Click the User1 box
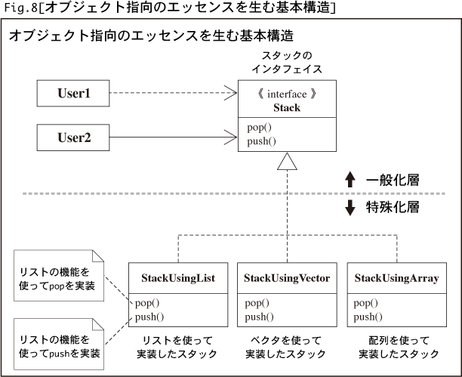(73, 93)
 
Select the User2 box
(73, 138)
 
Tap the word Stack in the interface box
(287, 108)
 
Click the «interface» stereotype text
(287, 94)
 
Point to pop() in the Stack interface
(259, 128)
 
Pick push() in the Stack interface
(261, 141)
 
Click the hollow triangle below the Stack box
(287, 162)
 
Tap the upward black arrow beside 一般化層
(350, 179)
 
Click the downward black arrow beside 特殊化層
(350, 208)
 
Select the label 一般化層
(393, 180)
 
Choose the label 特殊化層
(393, 207)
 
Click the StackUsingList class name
(178, 278)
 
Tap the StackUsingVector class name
(287, 278)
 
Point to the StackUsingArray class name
(396, 278)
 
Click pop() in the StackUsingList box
(147, 303)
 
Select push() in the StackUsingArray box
(368, 317)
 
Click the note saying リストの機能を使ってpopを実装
(59, 276)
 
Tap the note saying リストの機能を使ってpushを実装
(59, 344)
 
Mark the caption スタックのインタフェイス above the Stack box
(287, 62)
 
